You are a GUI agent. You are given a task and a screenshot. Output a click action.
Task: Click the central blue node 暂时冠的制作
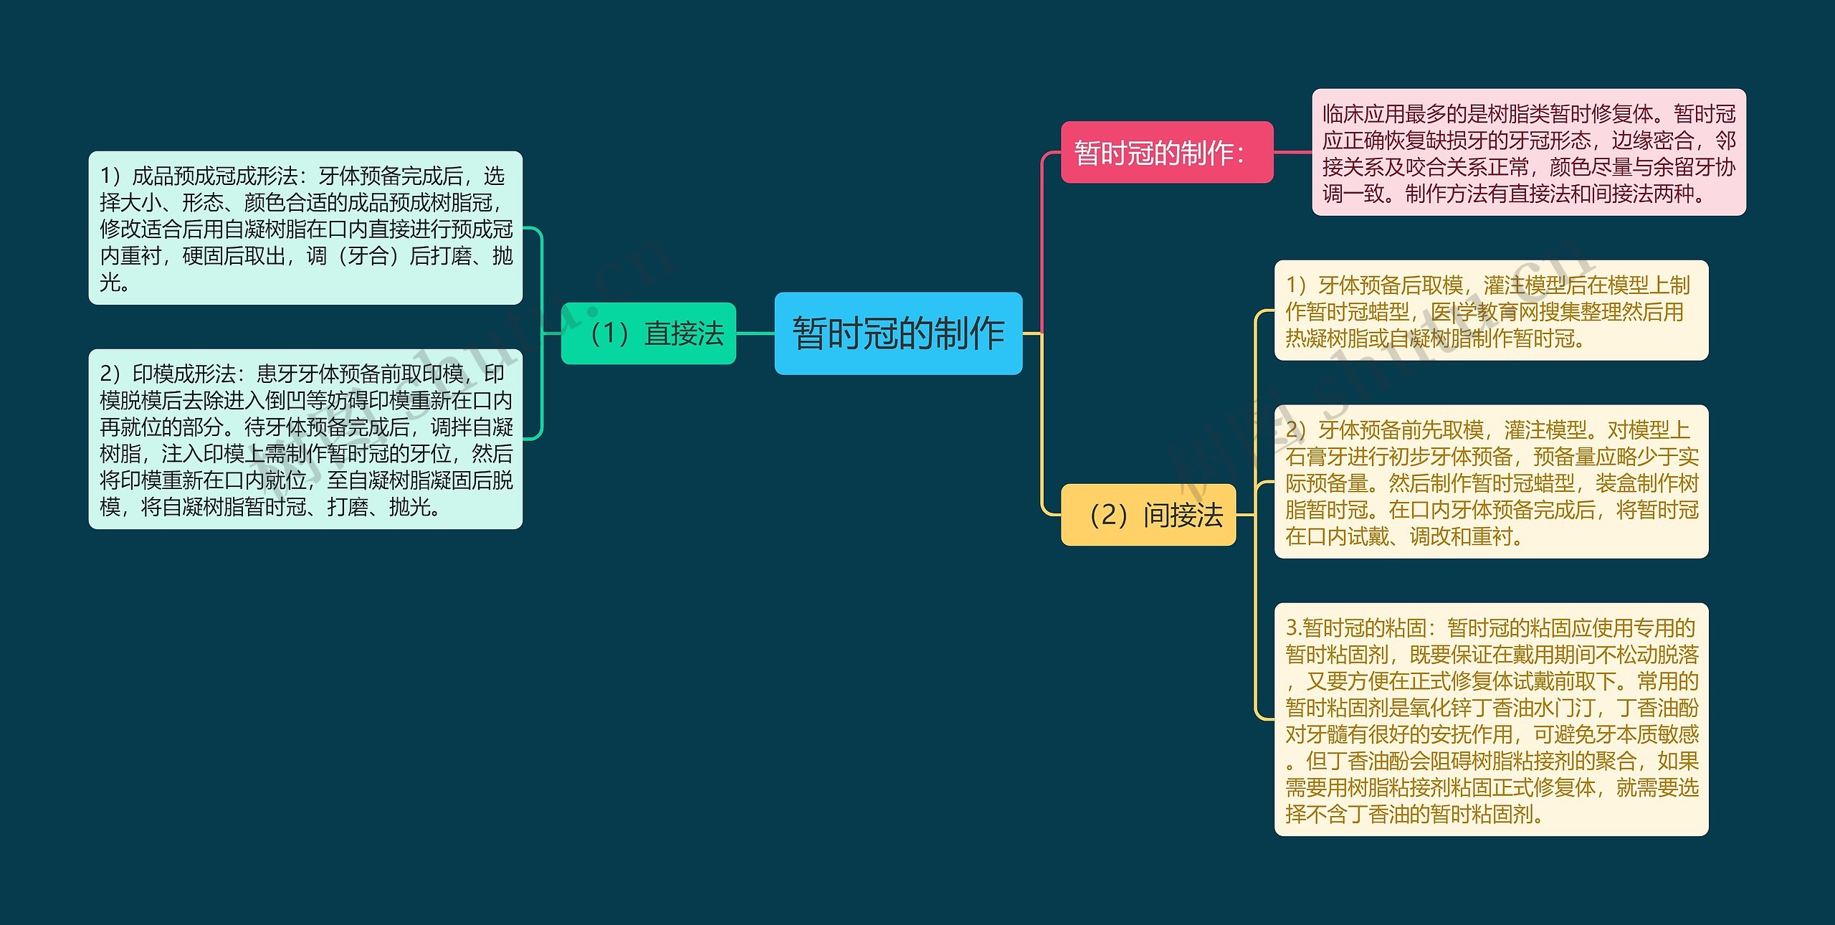click(898, 333)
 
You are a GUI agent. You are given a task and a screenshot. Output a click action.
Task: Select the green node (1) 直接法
click(649, 333)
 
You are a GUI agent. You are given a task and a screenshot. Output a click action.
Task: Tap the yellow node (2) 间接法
click(1148, 515)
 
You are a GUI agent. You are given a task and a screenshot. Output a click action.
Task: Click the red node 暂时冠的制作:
click(1166, 152)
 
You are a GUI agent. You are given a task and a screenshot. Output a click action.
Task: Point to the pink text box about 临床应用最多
click(1528, 152)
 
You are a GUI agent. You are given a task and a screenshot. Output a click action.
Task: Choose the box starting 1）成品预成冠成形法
click(305, 228)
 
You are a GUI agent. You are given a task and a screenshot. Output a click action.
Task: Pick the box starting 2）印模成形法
click(305, 439)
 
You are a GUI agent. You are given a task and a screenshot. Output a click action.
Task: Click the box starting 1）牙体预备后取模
click(1491, 310)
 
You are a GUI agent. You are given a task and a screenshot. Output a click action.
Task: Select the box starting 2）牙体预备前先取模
click(1491, 482)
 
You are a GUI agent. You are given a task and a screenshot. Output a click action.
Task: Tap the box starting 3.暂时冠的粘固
click(1491, 719)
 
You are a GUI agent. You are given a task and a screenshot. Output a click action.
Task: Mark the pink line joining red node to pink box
click(1292, 152)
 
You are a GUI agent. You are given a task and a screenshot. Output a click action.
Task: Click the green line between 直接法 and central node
click(755, 333)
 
